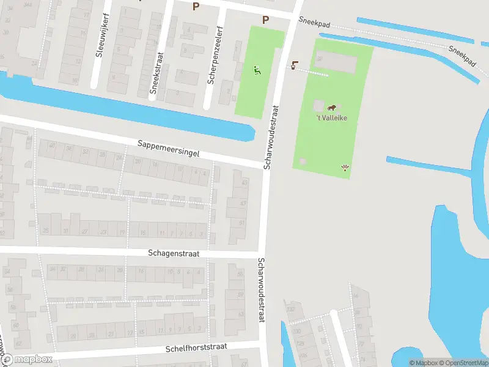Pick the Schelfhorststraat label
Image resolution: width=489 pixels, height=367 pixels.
click(196, 347)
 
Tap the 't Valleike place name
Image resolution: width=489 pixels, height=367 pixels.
click(332, 118)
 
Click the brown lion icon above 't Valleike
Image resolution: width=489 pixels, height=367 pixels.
click(333, 107)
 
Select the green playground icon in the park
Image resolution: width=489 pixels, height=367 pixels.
click(258, 70)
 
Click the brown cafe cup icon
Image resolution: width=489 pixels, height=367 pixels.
click(296, 65)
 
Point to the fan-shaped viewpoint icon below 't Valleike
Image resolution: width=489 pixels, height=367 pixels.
click(345, 167)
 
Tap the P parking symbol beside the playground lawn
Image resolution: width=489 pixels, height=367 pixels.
click(265, 20)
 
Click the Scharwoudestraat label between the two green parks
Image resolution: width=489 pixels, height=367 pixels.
click(271, 136)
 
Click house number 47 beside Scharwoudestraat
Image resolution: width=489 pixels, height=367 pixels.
click(243, 202)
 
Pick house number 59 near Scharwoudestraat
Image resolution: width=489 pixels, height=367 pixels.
click(240, 295)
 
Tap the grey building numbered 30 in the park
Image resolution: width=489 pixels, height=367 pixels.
click(335, 61)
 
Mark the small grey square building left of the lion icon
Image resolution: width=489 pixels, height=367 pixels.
click(318, 106)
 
